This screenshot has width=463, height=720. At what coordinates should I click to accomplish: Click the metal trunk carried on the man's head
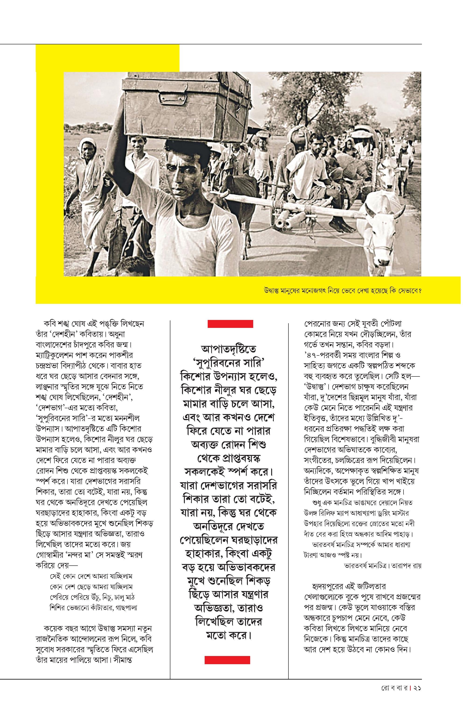(x=186, y=105)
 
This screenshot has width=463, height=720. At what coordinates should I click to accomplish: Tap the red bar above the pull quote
(x=230, y=324)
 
